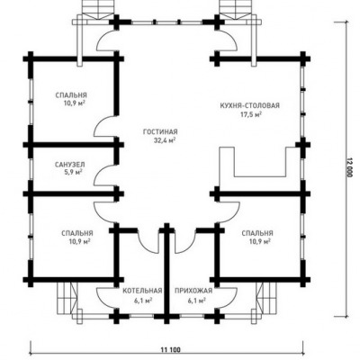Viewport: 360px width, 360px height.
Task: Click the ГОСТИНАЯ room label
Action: [160, 131]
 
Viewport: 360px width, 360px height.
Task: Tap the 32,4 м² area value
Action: [165, 140]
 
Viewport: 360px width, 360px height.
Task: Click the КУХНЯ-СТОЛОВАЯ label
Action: [250, 105]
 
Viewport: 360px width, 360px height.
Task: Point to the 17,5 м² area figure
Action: [251, 114]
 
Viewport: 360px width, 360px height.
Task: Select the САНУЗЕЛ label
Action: [70, 165]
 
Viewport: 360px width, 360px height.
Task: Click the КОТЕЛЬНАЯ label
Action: [142, 291]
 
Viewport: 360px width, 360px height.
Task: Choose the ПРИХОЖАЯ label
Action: [193, 291]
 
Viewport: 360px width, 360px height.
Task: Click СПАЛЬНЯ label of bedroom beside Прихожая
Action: [257, 233]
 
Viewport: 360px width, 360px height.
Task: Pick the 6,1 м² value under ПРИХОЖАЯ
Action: [196, 300]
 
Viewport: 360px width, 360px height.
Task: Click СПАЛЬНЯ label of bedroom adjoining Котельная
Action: [77, 233]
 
